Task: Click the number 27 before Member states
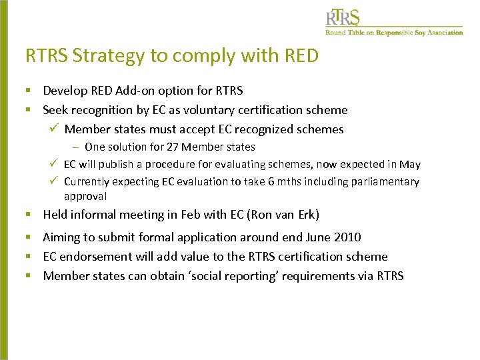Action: tap(173, 147)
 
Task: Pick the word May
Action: tap(409, 164)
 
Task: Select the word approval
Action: tap(85, 196)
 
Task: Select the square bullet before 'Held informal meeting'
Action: tap(29, 215)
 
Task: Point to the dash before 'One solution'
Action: tap(77, 147)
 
